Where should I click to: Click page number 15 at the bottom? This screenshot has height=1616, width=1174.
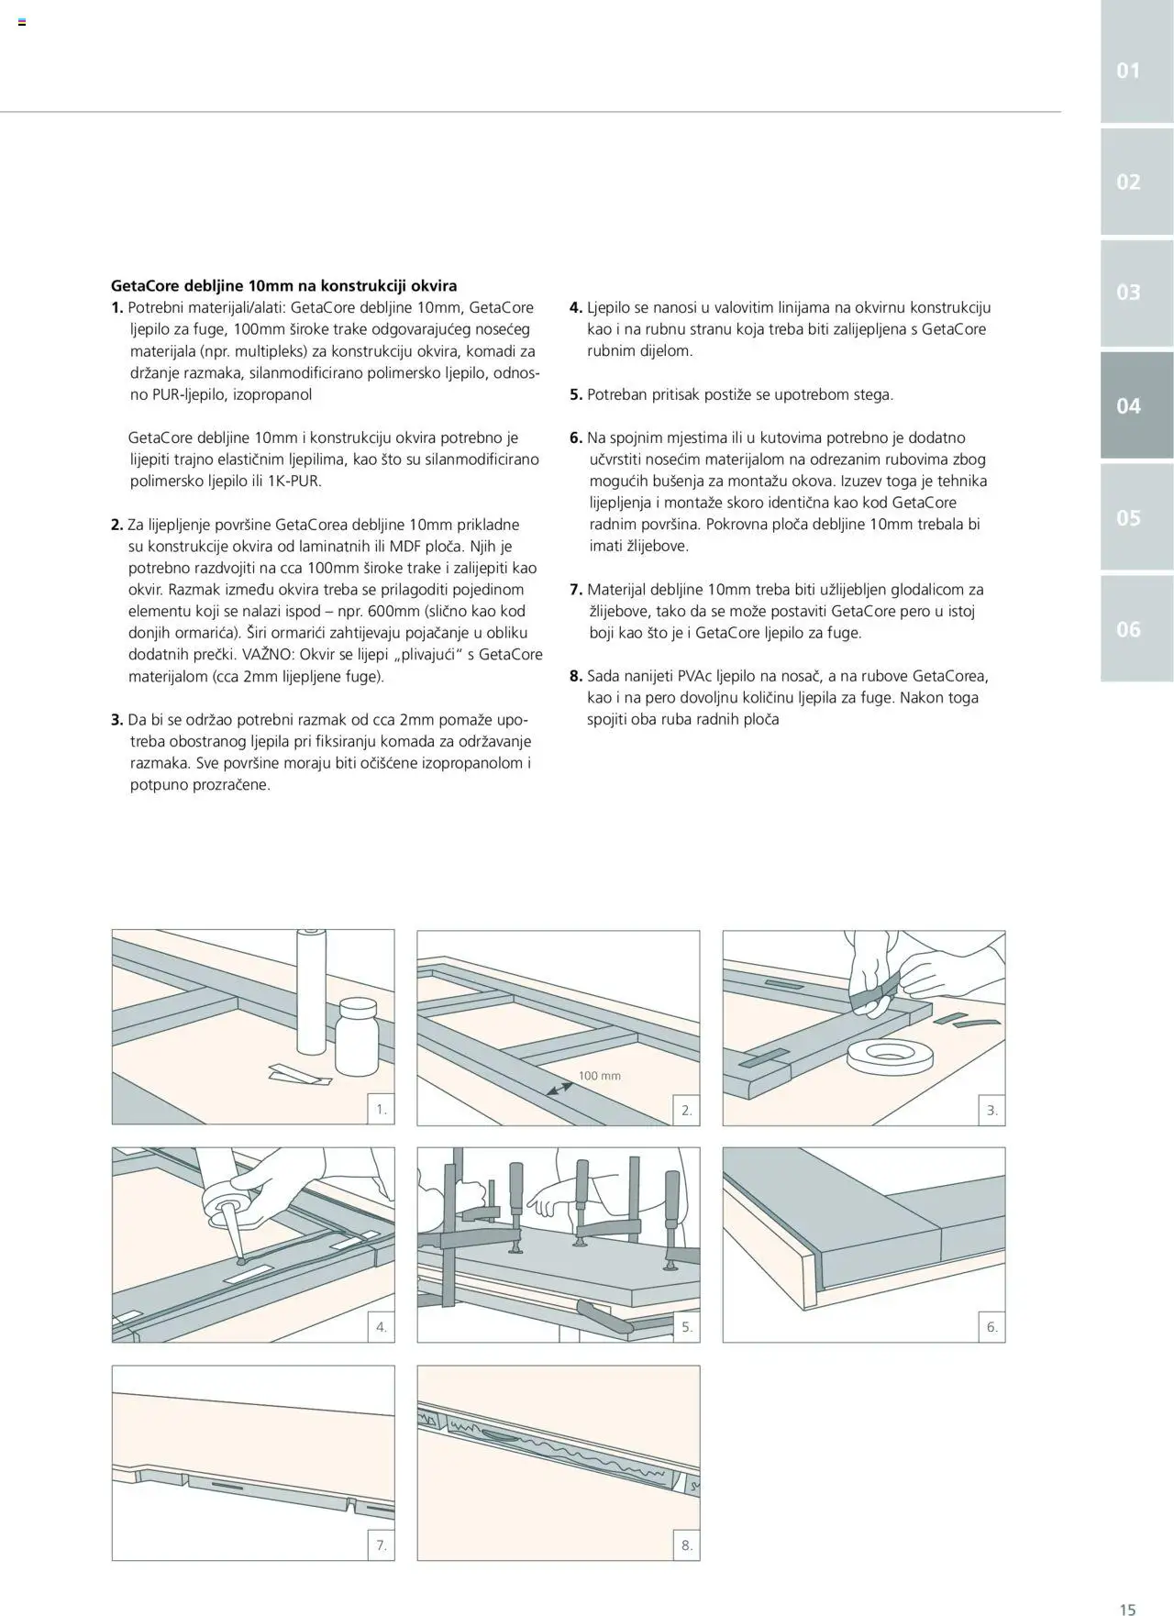[1127, 1609]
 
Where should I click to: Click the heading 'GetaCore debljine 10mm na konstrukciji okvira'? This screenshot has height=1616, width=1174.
[283, 286]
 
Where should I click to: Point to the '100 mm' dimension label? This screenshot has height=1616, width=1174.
[599, 1075]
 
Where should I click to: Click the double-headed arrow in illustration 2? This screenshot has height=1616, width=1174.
[559, 1089]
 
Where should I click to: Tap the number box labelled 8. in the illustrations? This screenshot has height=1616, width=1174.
[687, 1545]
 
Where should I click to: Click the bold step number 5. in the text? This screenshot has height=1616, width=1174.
[576, 395]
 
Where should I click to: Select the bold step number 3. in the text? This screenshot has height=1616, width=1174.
[117, 720]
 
